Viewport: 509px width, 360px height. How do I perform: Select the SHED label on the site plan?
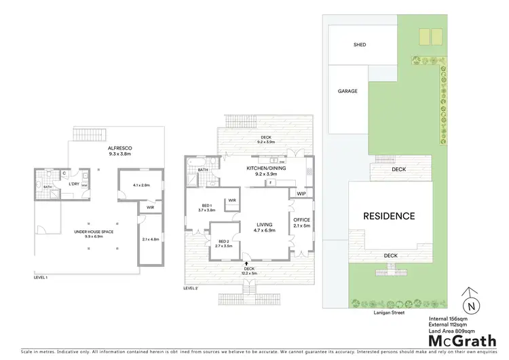[360, 45]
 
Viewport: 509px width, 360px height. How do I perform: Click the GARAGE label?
[347, 90]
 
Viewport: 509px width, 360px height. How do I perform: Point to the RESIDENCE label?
[389, 216]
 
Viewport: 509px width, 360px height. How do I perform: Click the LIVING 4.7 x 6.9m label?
[263, 228]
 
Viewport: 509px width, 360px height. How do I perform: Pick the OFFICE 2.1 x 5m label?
[301, 222]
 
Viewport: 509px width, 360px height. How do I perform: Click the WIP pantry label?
[301, 194]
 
